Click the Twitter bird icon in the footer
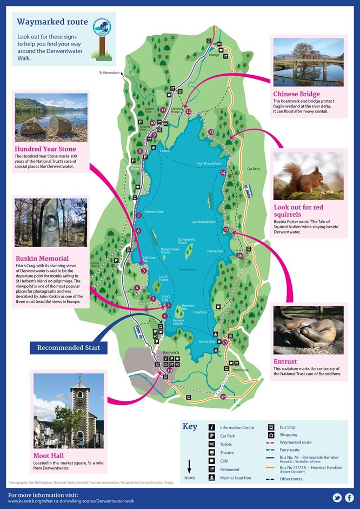click(337, 498)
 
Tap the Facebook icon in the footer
click(350, 498)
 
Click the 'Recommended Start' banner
click(69, 347)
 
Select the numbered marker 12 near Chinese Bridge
click(188, 111)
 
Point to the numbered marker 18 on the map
click(223, 397)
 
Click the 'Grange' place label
click(214, 55)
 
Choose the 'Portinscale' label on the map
click(241, 369)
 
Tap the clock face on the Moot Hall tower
click(79, 402)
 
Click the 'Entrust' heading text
click(285, 361)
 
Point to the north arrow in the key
click(190, 466)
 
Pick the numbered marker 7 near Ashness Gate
click(139, 215)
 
